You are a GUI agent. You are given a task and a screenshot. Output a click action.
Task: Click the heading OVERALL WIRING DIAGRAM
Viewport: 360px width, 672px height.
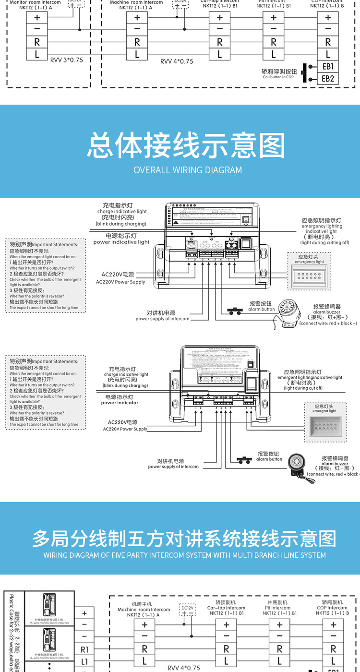coord(188,170)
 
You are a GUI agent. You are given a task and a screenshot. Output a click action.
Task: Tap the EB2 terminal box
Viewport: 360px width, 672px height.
coord(328,78)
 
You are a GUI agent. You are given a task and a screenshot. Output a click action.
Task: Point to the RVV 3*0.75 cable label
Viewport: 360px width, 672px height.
coord(66,60)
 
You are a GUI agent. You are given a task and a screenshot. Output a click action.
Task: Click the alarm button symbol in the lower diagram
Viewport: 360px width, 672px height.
coord(245,460)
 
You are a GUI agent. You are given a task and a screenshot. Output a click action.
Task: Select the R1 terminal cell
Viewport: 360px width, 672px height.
coord(84,649)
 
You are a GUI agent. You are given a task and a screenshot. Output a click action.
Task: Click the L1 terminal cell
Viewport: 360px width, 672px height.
coord(84,661)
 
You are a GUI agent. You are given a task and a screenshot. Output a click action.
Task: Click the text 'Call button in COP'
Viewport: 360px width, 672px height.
coord(278,77)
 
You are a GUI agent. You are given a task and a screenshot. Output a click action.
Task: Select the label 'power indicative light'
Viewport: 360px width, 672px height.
coord(121,242)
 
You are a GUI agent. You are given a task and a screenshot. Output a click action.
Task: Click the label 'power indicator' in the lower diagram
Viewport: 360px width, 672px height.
coord(120,403)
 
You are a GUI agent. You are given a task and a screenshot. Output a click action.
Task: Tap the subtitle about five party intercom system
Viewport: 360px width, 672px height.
coord(184,555)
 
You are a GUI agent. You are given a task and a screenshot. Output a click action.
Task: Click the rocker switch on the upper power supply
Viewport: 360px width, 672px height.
coord(245,244)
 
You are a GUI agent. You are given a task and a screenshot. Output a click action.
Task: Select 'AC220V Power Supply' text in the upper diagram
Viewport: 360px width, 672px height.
coord(120,282)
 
